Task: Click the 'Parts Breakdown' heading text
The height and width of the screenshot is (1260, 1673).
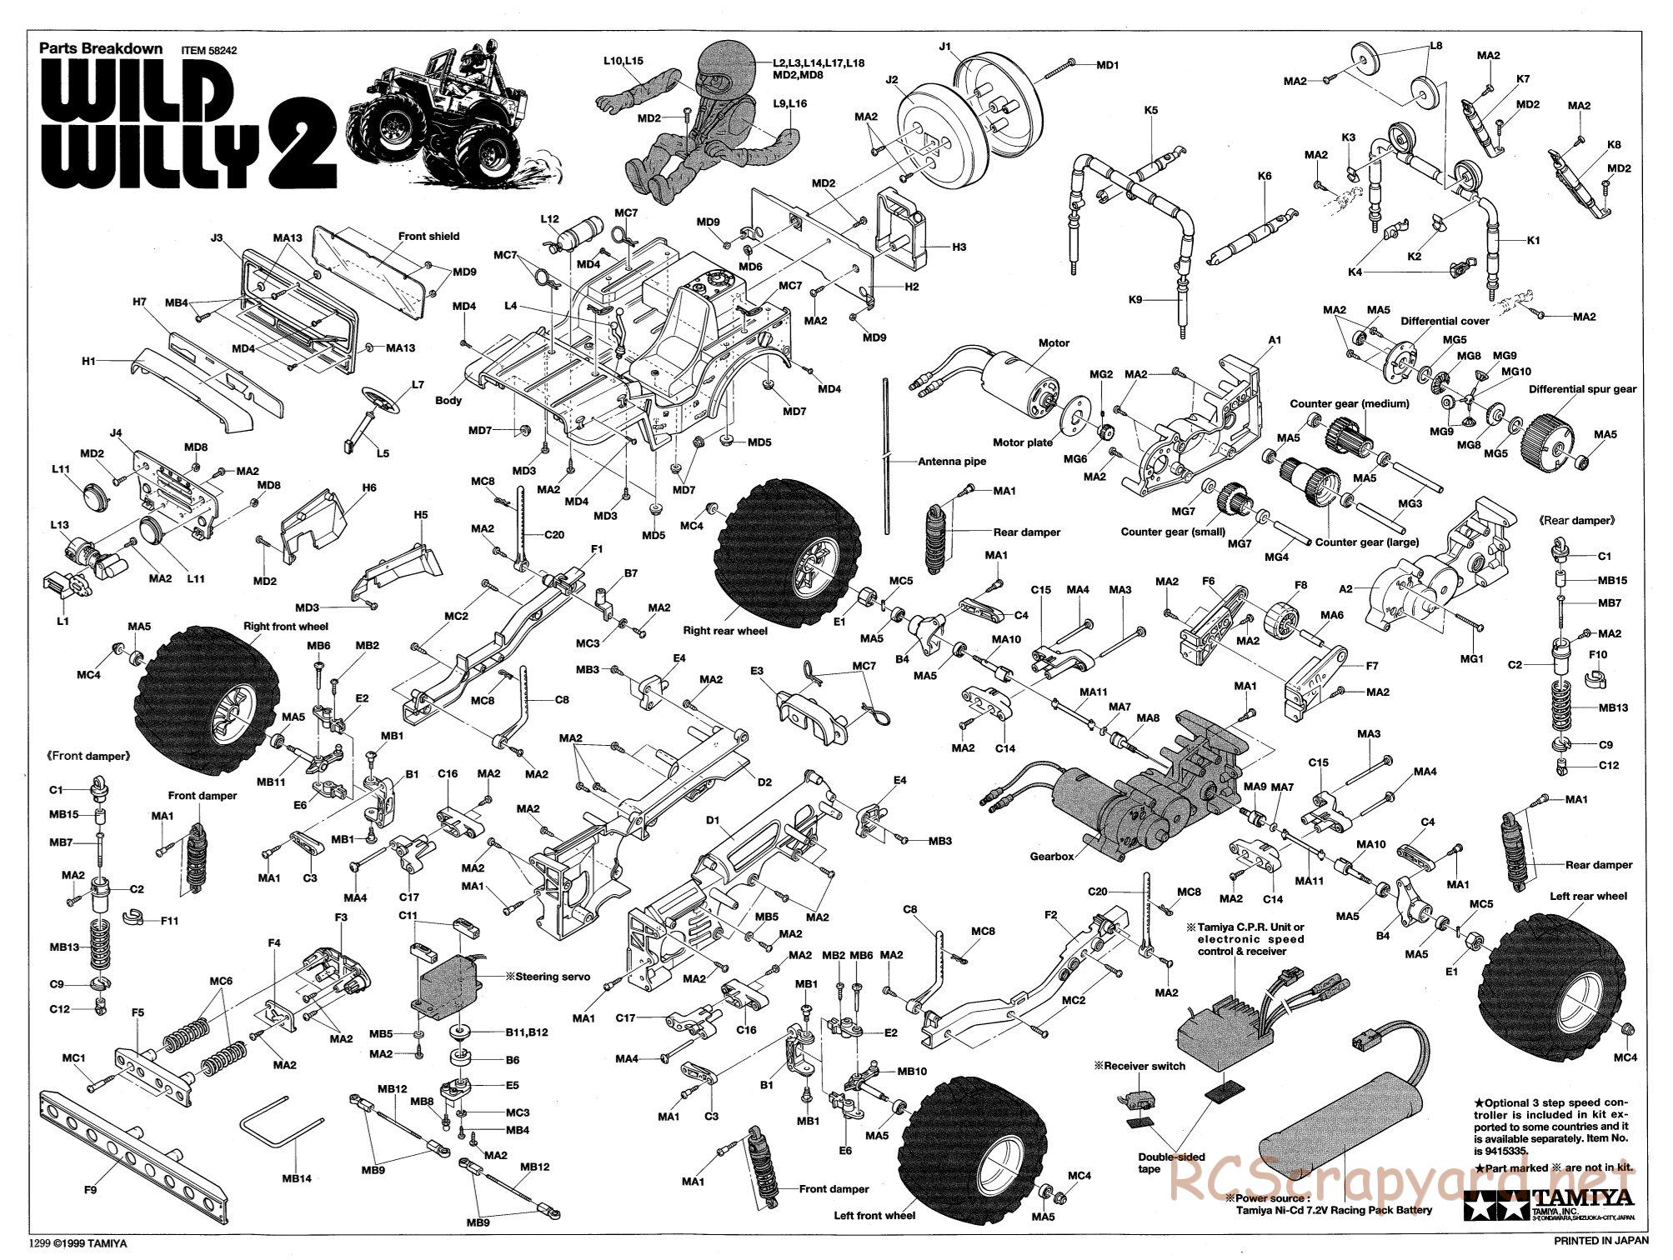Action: coord(101,48)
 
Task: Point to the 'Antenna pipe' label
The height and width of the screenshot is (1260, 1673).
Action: coord(951,461)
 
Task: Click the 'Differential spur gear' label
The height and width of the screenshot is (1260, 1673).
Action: coord(1582,389)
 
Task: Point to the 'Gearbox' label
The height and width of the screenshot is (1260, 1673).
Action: coord(1053,856)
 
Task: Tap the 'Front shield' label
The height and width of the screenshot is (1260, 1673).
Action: coord(428,237)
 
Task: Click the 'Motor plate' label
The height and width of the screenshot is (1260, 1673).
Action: coord(1023,442)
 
